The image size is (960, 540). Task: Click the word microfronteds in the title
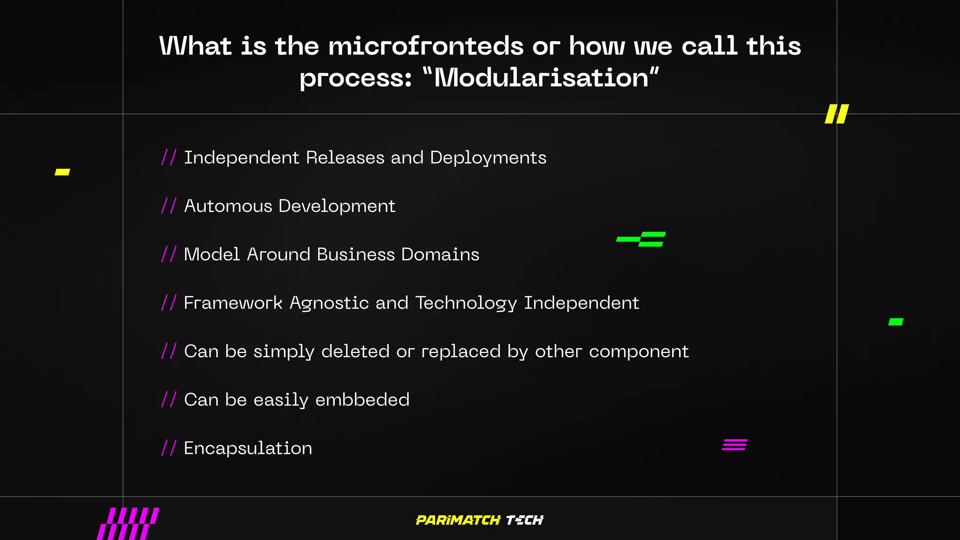click(426, 46)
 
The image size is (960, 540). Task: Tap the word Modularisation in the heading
click(541, 78)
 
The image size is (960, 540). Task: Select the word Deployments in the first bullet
click(488, 158)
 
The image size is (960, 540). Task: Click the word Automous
click(228, 206)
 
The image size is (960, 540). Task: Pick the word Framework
click(233, 303)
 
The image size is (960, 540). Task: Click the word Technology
click(466, 303)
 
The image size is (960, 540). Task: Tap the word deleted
click(355, 351)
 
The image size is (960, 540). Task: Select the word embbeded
click(362, 400)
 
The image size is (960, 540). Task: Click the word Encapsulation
click(247, 448)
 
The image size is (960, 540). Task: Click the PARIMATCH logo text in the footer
click(458, 520)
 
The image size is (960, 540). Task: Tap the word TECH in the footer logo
click(525, 520)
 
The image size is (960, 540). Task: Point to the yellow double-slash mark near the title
click(837, 114)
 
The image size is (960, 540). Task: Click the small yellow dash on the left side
click(62, 172)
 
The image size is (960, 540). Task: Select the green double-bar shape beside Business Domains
click(641, 239)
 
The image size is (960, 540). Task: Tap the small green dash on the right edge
click(896, 322)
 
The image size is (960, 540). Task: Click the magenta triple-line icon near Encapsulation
click(735, 444)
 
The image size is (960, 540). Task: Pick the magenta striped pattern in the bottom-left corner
click(128, 524)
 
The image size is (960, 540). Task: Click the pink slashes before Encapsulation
click(169, 448)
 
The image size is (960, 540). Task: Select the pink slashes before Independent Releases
click(169, 157)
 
